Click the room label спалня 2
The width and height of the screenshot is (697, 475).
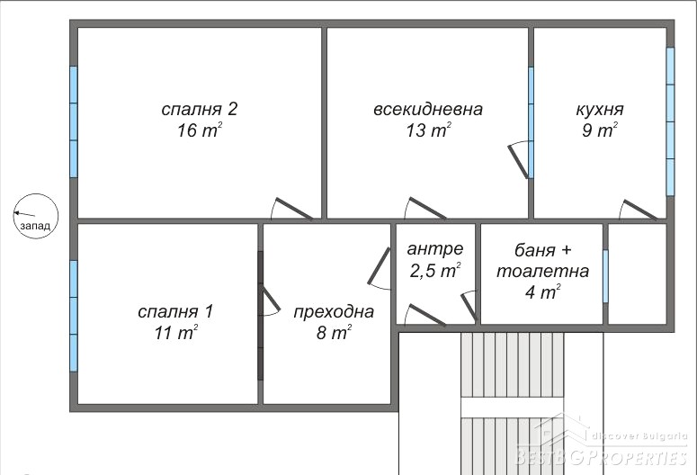(x=199, y=109)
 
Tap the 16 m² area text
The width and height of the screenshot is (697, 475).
(x=200, y=130)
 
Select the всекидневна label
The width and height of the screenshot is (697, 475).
(x=427, y=109)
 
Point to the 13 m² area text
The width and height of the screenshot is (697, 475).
(x=428, y=130)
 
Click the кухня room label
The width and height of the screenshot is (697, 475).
(x=600, y=109)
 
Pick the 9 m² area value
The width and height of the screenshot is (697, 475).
(x=600, y=130)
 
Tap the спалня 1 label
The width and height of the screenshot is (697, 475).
(x=175, y=311)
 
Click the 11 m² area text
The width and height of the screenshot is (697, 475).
(x=176, y=332)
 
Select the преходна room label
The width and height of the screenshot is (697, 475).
(x=334, y=312)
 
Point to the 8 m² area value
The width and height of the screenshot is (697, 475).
(x=334, y=332)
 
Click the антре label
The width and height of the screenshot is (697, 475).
(x=434, y=249)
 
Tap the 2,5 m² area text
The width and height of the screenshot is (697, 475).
(x=435, y=271)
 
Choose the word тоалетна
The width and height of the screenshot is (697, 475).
(x=542, y=271)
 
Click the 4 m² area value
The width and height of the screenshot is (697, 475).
(x=542, y=291)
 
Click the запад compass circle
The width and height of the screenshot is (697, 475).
(x=36, y=216)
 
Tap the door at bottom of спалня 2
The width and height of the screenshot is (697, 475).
(x=292, y=209)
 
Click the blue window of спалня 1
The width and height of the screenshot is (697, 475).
(x=74, y=316)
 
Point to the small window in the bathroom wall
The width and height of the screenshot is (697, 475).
(x=605, y=276)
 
